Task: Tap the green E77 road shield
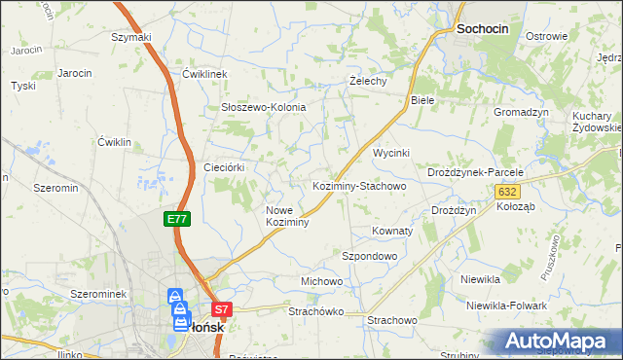coord(176,220)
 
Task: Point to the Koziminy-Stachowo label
coord(358,185)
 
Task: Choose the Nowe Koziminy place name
coord(287,216)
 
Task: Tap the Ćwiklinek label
coord(204,74)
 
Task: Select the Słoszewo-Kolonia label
coord(263,107)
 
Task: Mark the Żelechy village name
coord(369,81)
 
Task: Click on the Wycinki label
coord(392,154)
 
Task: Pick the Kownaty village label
coord(393,232)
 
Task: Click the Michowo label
coord(322,281)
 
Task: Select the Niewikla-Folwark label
coord(506,306)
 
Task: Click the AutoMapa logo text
coord(559,342)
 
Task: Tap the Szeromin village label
coord(55,188)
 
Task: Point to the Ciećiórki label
coord(223,167)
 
